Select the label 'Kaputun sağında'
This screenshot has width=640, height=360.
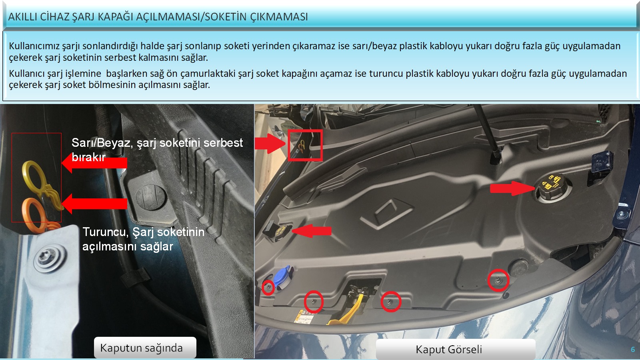click(142, 348)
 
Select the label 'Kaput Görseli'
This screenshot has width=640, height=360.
click(448, 350)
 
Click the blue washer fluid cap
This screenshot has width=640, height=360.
click(283, 278)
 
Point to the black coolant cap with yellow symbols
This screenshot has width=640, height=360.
click(552, 187)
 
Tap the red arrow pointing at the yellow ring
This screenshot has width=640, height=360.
click(94, 163)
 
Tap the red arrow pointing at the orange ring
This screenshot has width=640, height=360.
click(94, 204)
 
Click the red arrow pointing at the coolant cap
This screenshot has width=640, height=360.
click(512, 188)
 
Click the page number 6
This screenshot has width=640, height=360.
click(632, 350)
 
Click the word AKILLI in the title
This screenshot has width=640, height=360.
click(23, 17)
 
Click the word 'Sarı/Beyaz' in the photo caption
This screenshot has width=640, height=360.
click(102, 142)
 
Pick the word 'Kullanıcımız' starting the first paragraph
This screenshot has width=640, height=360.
click(34, 46)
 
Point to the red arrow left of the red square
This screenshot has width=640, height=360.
click(270, 144)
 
